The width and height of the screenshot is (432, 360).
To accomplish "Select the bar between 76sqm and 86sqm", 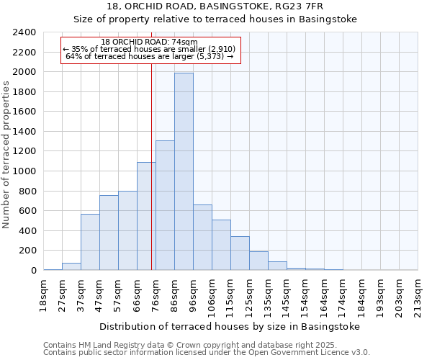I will (165, 205).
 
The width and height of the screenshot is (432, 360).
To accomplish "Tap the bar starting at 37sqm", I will (90, 242).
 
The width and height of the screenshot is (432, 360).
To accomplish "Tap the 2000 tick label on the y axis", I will (24, 72).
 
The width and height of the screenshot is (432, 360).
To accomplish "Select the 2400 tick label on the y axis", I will (24, 32).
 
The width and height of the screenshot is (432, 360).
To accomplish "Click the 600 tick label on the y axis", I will (27, 211).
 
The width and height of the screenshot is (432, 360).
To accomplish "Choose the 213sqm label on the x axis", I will (418, 294).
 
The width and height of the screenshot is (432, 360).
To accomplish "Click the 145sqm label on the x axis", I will (287, 294).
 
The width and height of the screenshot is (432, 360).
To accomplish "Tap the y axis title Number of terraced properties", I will (6, 155).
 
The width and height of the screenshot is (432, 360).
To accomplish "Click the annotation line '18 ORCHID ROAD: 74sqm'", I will (149, 42).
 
